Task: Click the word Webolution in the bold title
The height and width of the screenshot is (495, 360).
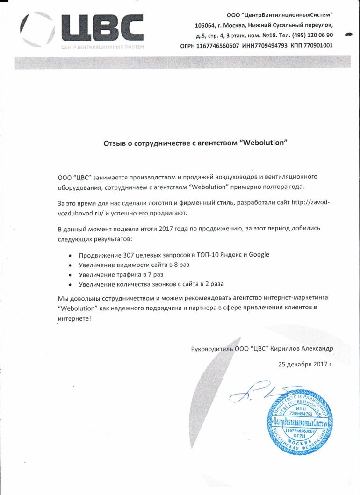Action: coord(262,143)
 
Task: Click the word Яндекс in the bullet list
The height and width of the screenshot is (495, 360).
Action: coord(225,255)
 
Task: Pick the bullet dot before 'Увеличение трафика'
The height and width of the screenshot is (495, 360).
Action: coord(70,275)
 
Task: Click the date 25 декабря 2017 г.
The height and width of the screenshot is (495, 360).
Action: coord(305,364)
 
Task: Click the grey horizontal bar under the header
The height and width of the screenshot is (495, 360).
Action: coord(182,62)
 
